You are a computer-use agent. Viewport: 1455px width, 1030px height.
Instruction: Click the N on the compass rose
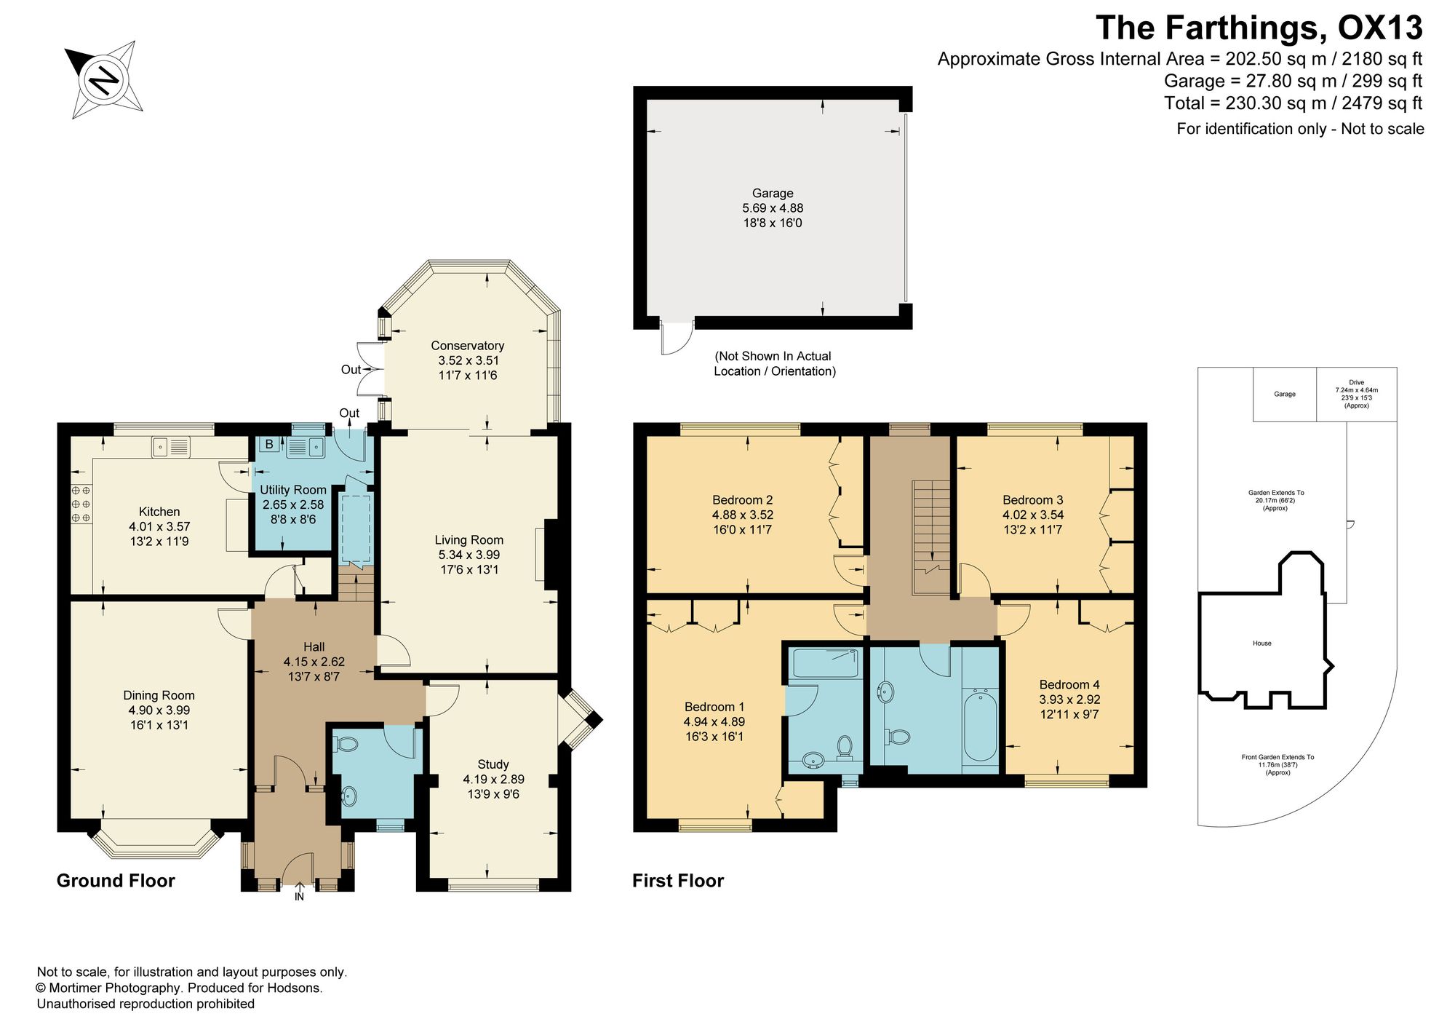pyautogui.click(x=104, y=79)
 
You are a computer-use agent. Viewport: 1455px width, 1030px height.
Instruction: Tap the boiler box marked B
pyautogui.click(x=268, y=444)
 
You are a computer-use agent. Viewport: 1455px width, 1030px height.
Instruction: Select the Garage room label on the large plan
pyautogui.click(x=773, y=194)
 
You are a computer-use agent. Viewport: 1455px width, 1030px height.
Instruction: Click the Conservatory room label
pyautogui.click(x=467, y=346)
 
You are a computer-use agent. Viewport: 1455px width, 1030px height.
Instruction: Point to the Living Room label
pyautogui.click(x=469, y=540)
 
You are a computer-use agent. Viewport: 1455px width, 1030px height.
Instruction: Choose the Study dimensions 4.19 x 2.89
pyautogui.click(x=493, y=779)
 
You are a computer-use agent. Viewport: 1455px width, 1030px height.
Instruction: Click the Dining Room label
pyautogui.click(x=159, y=695)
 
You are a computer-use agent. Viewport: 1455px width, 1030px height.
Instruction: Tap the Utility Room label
pyautogui.click(x=293, y=490)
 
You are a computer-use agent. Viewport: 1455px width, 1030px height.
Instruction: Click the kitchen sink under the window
pyautogui.click(x=171, y=447)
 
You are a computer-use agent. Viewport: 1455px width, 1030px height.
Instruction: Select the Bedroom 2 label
pyautogui.click(x=742, y=500)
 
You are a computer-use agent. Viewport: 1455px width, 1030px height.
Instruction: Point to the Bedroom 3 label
pyautogui.click(x=1032, y=500)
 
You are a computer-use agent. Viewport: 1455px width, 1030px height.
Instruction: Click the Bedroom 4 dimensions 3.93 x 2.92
pyautogui.click(x=1069, y=700)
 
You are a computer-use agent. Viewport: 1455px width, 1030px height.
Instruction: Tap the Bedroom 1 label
pyautogui.click(x=714, y=707)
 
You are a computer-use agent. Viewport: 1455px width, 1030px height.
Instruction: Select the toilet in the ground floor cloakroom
pyautogui.click(x=346, y=745)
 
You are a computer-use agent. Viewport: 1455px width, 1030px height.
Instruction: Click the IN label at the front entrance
pyautogui.click(x=299, y=897)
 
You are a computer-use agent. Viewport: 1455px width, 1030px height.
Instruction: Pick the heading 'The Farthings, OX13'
pyautogui.click(x=1259, y=28)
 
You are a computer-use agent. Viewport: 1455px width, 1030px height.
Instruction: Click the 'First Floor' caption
pyautogui.click(x=678, y=881)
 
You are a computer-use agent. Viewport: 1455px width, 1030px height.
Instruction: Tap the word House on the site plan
pyautogui.click(x=1262, y=643)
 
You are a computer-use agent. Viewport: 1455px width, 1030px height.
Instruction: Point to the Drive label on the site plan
pyautogui.click(x=1357, y=382)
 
